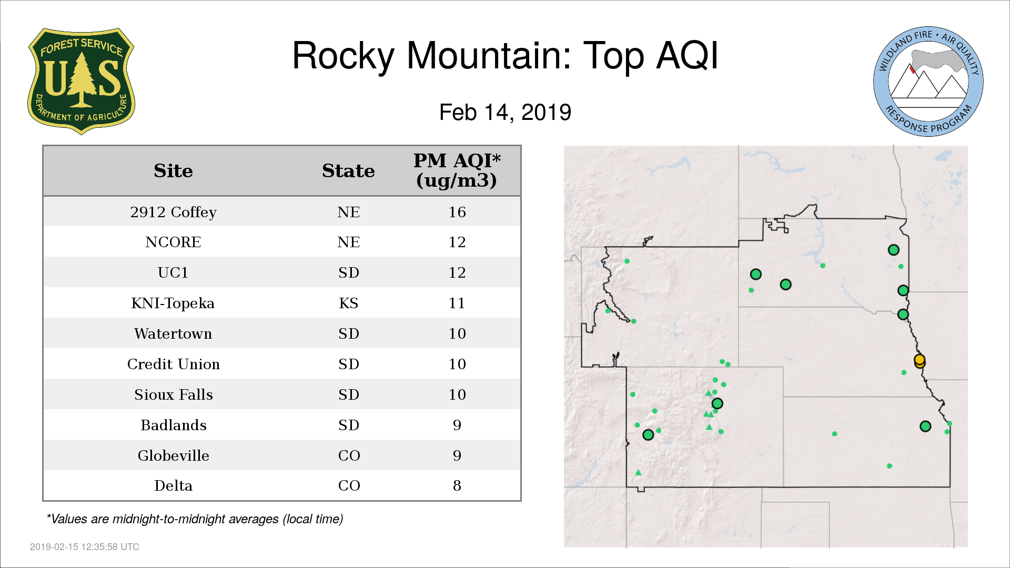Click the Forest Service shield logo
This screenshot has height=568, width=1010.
(81, 82)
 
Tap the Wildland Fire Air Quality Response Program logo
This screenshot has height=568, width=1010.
(928, 82)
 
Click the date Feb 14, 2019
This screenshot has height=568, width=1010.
(505, 113)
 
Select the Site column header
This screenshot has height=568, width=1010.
(173, 171)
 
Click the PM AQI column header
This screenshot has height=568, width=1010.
(457, 170)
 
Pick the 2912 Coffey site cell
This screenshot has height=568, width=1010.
(173, 212)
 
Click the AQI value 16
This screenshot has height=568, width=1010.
(457, 212)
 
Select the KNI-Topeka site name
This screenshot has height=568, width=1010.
(173, 303)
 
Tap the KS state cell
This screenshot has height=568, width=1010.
(348, 303)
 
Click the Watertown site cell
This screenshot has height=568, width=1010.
(173, 334)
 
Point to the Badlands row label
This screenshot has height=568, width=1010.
(173, 425)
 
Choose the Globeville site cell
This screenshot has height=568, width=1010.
(173, 456)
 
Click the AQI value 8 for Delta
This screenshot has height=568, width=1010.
(457, 485)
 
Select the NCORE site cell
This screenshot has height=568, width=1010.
(173, 242)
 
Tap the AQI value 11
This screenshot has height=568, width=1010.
(457, 303)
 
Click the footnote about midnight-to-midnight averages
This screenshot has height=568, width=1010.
(195, 520)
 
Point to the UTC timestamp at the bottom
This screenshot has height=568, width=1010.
(85, 547)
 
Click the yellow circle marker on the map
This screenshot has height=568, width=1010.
(920, 361)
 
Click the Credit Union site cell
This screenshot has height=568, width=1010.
(173, 364)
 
